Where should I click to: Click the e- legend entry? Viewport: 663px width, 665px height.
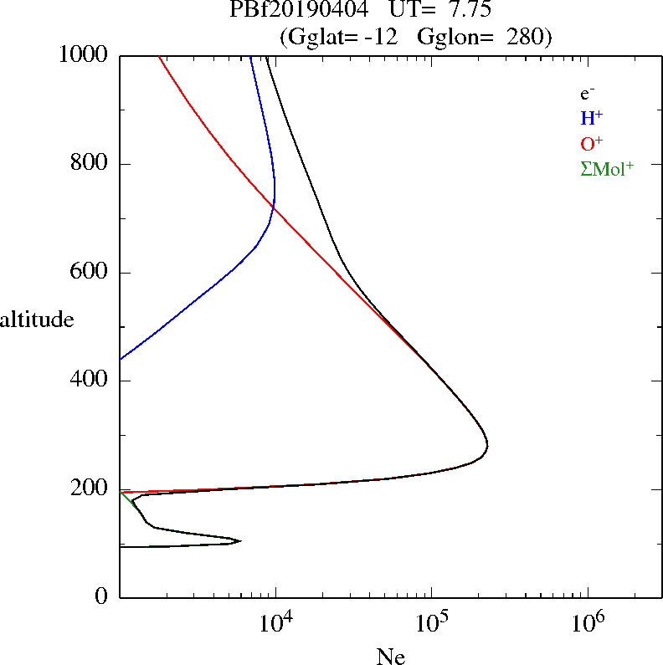click(x=588, y=94)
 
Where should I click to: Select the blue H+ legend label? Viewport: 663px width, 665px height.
click(x=592, y=118)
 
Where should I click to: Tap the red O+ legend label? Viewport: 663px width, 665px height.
click(x=592, y=143)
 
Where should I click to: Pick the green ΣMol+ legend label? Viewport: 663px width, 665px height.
click(x=607, y=169)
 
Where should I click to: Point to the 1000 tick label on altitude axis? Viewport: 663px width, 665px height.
click(x=83, y=54)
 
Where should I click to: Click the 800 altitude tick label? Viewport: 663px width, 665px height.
click(x=89, y=162)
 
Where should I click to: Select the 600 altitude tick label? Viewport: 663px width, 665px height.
click(x=89, y=271)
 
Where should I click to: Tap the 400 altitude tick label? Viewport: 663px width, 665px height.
click(x=89, y=379)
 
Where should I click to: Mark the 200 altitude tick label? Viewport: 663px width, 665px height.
click(x=89, y=488)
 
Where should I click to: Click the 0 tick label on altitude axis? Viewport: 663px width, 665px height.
click(x=101, y=596)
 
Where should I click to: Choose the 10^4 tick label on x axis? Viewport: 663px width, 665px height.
click(x=276, y=622)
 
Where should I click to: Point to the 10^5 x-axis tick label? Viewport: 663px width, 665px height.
click(x=432, y=622)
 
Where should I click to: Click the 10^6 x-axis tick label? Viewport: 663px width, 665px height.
click(x=588, y=622)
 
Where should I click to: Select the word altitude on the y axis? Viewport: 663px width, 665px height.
click(x=37, y=319)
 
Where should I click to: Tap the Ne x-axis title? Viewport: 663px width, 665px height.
click(x=391, y=656)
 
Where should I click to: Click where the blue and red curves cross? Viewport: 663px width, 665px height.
click(x=274, y=207)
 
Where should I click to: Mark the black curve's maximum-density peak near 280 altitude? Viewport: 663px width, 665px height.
click(x=487, y=444)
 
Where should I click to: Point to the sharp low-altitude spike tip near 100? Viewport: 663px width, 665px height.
click(x=241, y=540)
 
